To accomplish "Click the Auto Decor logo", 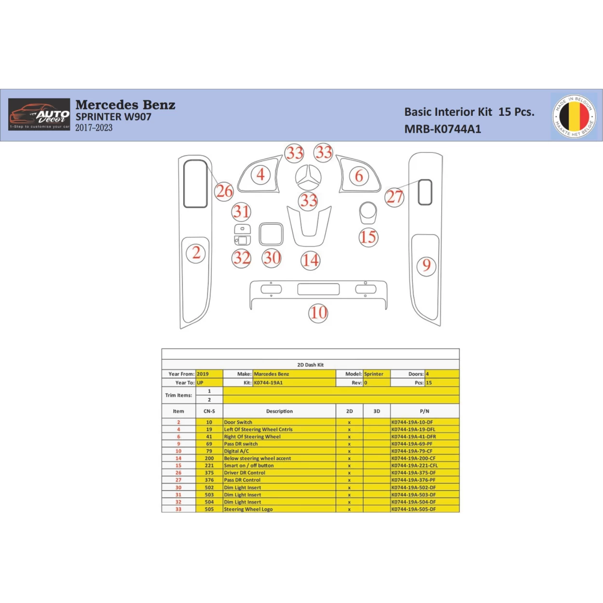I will [x=39, y=114].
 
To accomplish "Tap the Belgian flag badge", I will [x=574, y=116].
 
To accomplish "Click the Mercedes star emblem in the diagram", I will [x=308, y=178].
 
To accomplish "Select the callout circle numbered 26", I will [x=224, y=192].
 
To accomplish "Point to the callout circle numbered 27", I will [x=394, y=197].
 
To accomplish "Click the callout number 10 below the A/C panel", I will [x=318, y=313].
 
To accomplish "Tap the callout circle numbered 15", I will [x=368, y=237].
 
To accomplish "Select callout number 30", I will [x=272, y=258].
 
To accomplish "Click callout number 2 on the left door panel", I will [x=196, y=253].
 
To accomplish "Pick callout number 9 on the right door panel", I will [x=426, y=266].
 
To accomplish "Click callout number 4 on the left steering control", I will [x=260, y=174].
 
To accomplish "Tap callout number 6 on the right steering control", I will [x=359, y=176].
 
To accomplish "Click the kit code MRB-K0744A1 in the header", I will [x=442, y=129].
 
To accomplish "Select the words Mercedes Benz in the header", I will [x=125, y=105].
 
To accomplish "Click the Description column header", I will [x=279, y=411].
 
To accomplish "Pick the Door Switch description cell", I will [x=238, y=422].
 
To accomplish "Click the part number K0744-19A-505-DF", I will [x=413, y=509].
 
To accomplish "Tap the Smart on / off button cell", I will [x=248, y=466].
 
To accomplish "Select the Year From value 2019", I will [x=203, y=374].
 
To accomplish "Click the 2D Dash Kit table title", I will [x=310, y=365].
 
